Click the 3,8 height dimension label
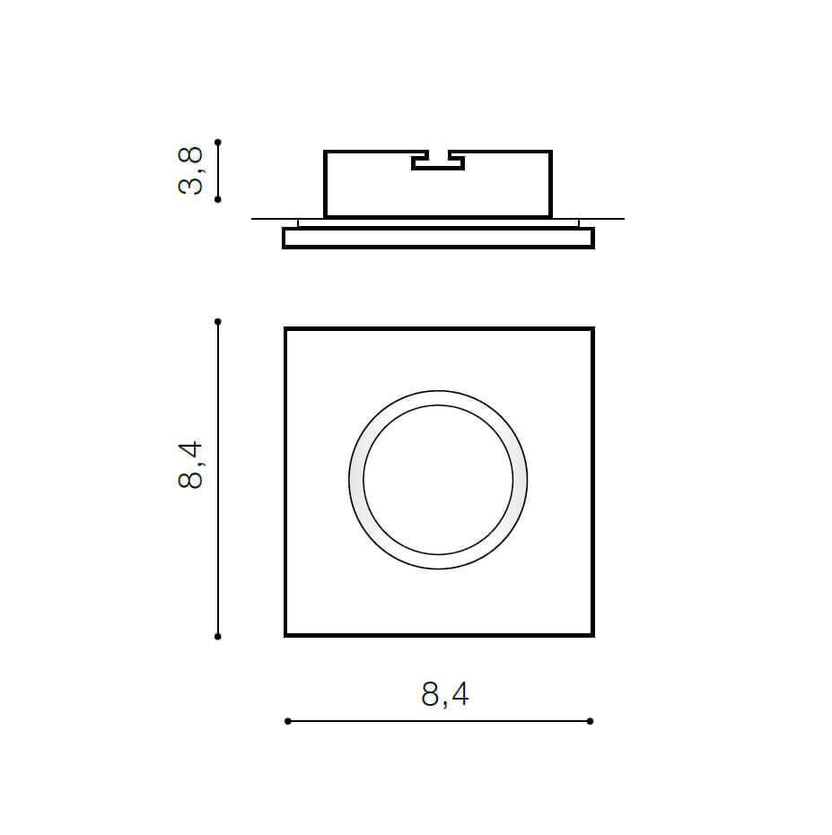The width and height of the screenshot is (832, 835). point(190,170)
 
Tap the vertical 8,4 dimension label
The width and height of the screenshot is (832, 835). point(190,465)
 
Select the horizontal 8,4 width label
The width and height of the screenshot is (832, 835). point(445,694)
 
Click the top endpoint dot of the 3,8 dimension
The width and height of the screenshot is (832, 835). point(217,143)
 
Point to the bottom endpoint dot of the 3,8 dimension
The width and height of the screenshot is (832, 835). point(217,200)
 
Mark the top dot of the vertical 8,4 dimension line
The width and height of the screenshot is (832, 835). point(217,322)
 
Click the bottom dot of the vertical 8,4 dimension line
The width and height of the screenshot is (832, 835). point(217,637)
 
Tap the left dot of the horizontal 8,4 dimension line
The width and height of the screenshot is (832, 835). point(288,721)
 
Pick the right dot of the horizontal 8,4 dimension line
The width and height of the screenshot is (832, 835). point(590,721)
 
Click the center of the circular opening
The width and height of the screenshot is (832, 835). point(438,480)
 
